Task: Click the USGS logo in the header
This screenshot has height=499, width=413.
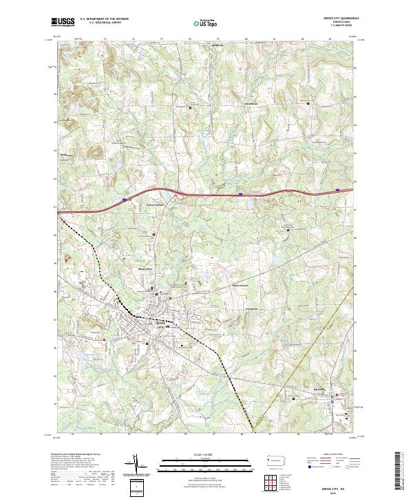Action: click(63, 21)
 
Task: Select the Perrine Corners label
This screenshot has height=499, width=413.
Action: click(156, 204)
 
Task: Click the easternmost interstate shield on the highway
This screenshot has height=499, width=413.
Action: click(337, 189)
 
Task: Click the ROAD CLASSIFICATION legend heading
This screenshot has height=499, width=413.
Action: click(337, 455)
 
